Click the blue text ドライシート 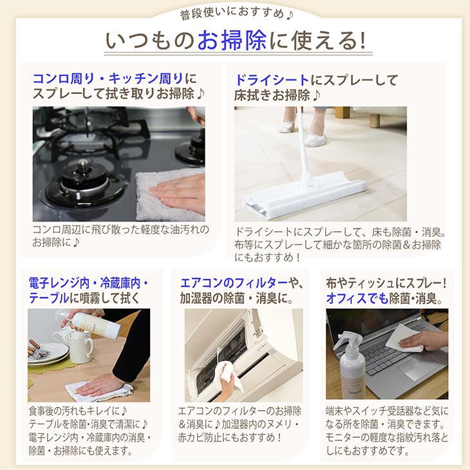click(x=272, y=80)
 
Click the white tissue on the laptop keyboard click(x=405, y=337)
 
